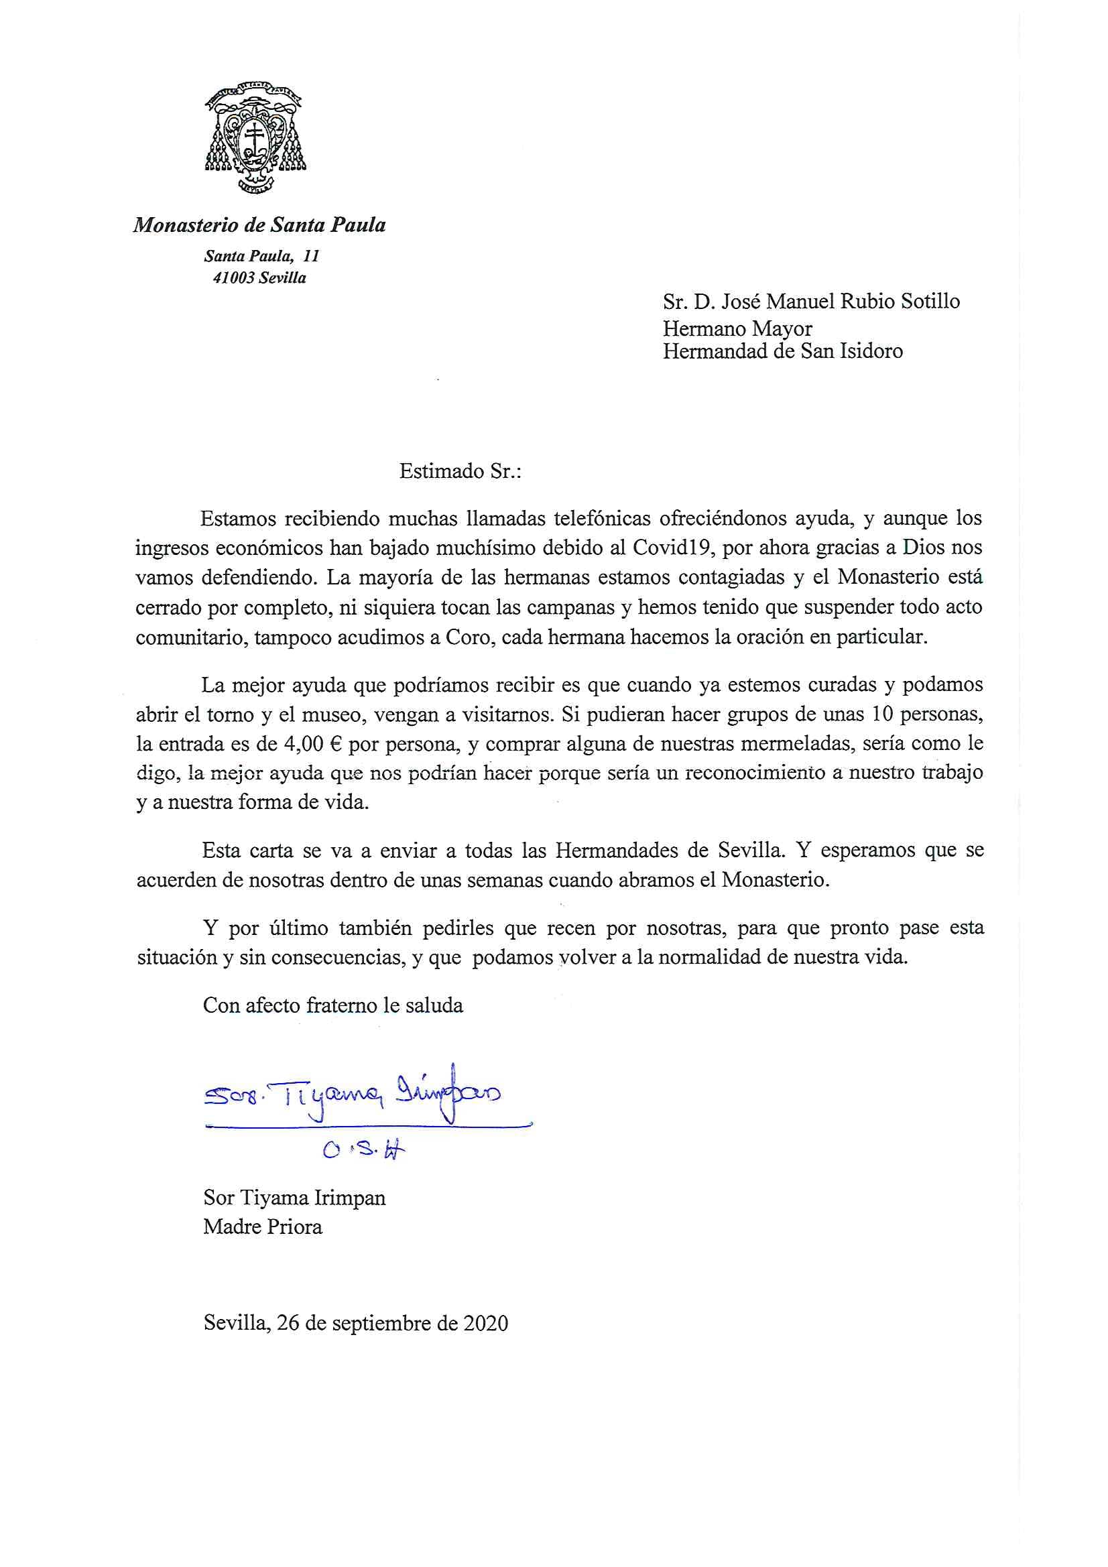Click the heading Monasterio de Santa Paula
(259, 225)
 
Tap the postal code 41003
(233, 277)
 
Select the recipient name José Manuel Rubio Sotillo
(841, 301)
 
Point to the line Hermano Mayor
(737, 328)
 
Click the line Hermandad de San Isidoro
(782, 351)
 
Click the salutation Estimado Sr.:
(460, 471)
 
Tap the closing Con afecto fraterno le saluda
(333, 1005)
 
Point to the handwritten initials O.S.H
(364, 1151)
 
